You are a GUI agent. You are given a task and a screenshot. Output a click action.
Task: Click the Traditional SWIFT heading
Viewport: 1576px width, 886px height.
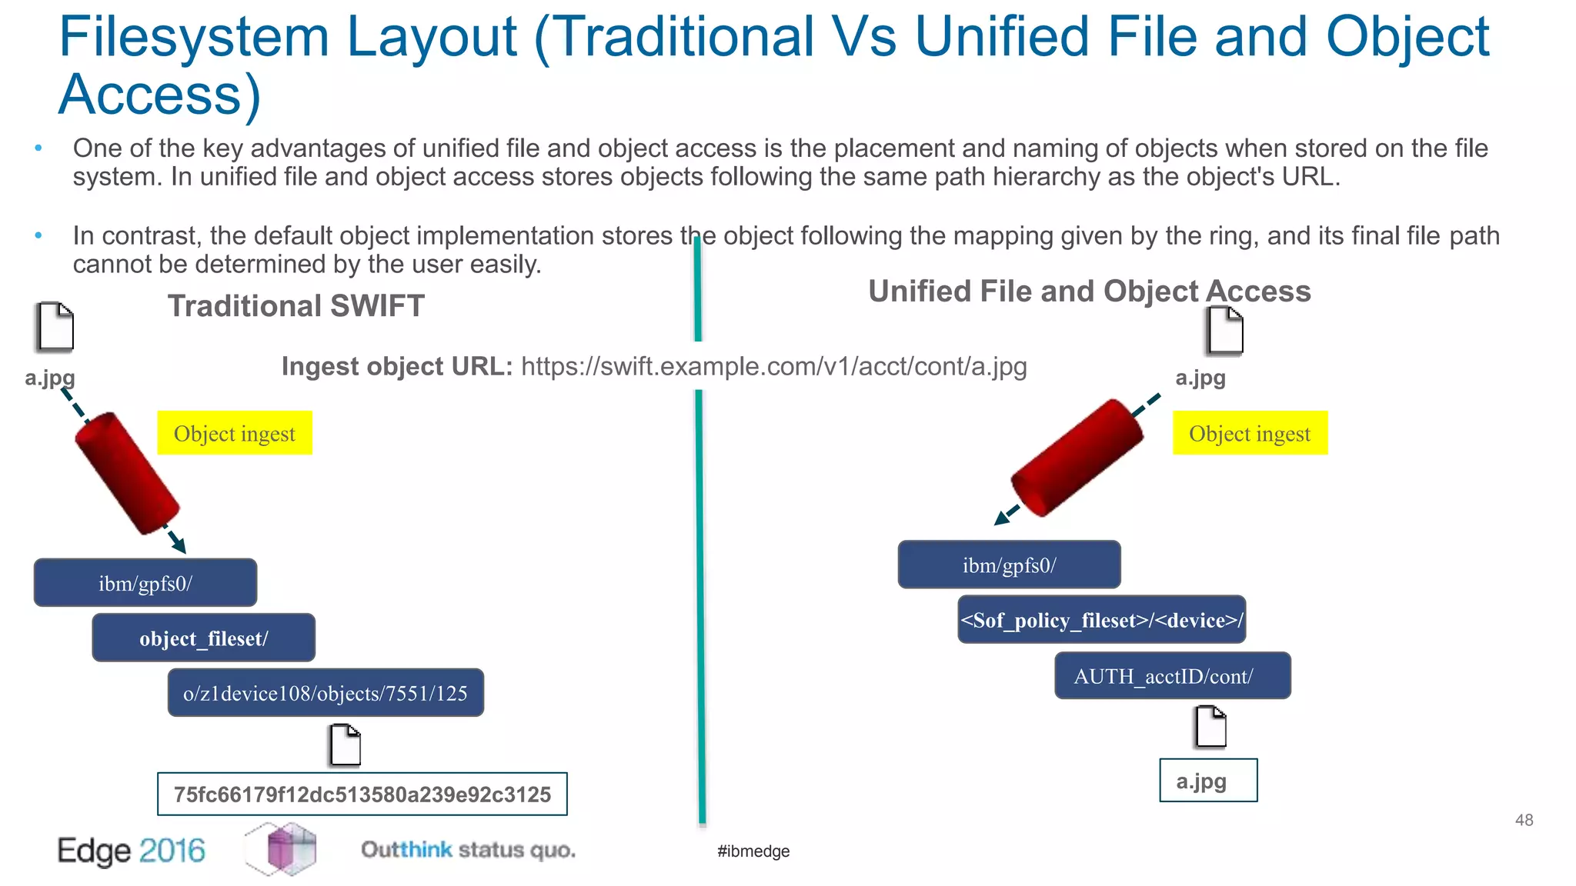[x=295, y=306]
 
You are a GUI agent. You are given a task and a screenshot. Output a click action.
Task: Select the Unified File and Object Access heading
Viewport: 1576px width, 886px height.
[x=1089, y=291]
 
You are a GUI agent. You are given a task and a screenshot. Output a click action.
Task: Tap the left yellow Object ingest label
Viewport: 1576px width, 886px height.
[x=235, y=433]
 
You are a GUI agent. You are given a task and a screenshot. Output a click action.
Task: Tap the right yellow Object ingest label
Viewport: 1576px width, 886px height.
[x=1250, y=433]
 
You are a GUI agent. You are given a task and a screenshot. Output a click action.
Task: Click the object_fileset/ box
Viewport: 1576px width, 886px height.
[x=204, y=638]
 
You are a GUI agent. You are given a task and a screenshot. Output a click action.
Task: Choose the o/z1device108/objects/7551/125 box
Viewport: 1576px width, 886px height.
[x=326, y=693]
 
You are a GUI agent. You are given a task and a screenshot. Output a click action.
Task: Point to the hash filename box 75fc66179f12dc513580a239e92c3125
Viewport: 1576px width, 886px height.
[x=362, y=794]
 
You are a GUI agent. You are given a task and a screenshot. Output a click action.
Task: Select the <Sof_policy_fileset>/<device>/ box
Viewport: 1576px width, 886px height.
[x=1101, y=620]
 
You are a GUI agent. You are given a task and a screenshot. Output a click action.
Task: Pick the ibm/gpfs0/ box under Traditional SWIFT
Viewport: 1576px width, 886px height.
[x=145, y=583]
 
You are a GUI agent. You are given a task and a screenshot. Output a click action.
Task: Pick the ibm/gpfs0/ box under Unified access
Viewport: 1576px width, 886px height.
[x=1009, y=565]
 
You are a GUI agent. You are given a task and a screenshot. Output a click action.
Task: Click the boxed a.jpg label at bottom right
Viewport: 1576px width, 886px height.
[x=1208, y=781]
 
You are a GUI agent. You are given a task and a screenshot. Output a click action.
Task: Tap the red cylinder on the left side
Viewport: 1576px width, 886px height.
[x=127, y=474]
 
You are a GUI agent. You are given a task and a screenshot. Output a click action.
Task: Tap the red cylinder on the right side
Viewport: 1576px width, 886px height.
[x=1077, y=458]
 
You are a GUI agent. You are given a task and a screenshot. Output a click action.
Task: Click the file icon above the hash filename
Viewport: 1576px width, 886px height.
[x=345, y=744]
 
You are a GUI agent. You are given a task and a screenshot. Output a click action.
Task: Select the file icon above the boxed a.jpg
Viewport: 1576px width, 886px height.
[x=1210, y=727]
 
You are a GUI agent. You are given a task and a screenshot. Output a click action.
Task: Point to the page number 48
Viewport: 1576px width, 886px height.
[x=1524, y=820]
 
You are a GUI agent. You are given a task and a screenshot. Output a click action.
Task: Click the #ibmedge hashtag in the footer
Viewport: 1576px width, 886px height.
[x=753, y=851]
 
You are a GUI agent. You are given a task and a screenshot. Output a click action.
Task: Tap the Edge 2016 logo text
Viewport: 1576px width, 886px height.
[x=132, y=851]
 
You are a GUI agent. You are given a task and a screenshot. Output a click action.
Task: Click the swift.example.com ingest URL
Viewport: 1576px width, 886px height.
[x=773, y=367]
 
